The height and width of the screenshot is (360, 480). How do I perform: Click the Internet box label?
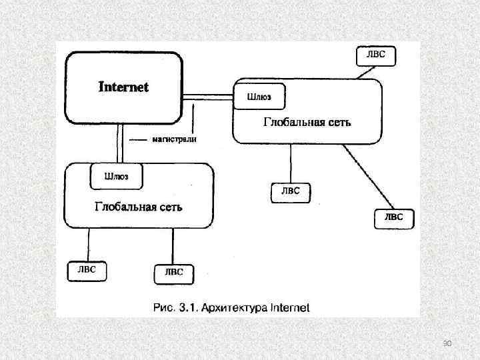[124, 87]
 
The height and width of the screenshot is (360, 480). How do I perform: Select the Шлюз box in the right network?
[259, 97]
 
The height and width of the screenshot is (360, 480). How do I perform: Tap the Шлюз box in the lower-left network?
[116, 177]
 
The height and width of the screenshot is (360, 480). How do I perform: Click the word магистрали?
[174, 140]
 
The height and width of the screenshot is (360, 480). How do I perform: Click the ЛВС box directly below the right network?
[290, 191]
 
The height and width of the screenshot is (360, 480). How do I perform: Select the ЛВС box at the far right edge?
[393, 217]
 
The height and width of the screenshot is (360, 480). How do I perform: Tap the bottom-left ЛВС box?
[87, 271]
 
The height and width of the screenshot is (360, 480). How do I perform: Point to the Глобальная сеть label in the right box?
[307, 122]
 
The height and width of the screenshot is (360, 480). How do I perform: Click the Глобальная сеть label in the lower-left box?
[138, 207]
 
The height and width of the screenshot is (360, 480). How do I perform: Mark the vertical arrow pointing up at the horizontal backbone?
[193, 120]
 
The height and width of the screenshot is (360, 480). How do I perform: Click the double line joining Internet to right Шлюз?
[207, 96]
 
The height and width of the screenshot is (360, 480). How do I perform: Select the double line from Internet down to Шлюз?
[119, 143]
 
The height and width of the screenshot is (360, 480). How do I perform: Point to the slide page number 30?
[447, 343]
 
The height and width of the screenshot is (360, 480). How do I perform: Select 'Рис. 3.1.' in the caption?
[174, 307]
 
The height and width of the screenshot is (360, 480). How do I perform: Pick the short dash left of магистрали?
[137, 140]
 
